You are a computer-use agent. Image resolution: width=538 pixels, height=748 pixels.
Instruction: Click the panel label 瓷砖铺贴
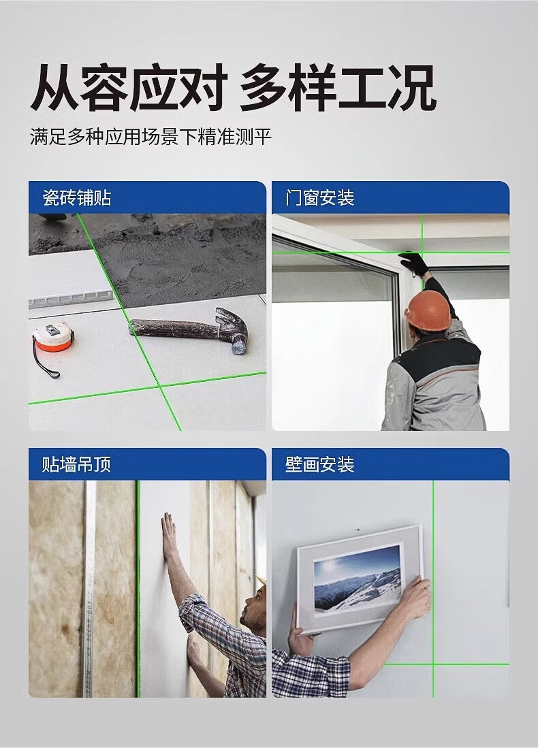pos(77,197)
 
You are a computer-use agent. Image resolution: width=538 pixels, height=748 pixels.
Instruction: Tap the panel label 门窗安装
pos(320,197)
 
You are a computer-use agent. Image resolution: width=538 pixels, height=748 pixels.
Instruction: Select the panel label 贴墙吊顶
pos(76,464)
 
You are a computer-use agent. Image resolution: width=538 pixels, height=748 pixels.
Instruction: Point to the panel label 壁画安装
pos(320,464)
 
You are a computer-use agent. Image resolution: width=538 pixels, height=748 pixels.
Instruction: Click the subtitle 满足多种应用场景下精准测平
pos(151,137)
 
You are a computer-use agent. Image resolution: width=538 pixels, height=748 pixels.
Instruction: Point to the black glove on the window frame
pos(414,263)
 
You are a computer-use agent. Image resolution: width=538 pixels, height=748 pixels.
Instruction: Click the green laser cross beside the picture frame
pos(433,664)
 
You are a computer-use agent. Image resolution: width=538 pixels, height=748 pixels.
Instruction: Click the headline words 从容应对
pos(128,88)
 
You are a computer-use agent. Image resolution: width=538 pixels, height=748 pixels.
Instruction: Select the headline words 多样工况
pos(338,88)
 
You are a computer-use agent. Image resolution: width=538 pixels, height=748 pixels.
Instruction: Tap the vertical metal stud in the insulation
pos(89,589)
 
